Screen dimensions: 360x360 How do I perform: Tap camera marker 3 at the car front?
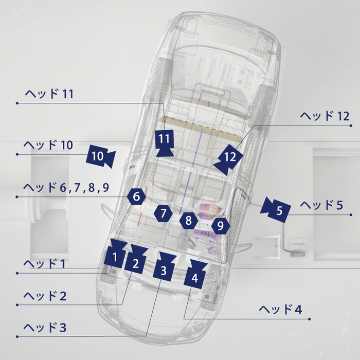pos(165,267)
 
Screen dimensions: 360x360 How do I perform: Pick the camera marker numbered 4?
pos(196,275)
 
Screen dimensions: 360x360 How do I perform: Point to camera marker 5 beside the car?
pos(276,209)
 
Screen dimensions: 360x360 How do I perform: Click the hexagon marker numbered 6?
pos(137,196)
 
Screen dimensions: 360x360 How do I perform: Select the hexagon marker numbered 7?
pos(163,213)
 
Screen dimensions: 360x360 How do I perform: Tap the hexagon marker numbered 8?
pos(189,221)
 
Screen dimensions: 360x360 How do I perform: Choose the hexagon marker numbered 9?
pos(221,226)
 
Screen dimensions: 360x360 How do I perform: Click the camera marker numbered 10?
pos(101,156)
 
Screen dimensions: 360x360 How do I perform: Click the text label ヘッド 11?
pos(49,94)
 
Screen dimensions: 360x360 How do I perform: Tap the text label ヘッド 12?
pos(325,116)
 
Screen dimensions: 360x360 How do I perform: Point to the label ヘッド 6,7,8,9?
pos(66,188)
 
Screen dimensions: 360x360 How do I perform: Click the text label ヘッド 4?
pos(281,310)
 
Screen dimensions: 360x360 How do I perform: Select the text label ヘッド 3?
pos(45,328)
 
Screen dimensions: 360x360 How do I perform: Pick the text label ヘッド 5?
pos(321,205)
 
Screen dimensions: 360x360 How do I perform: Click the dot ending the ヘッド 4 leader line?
pos(310,319)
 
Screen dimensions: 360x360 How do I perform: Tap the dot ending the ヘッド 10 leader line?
pos(17,154)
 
